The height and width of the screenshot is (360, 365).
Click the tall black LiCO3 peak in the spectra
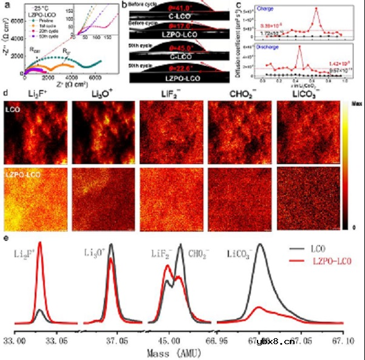[261, 246]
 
